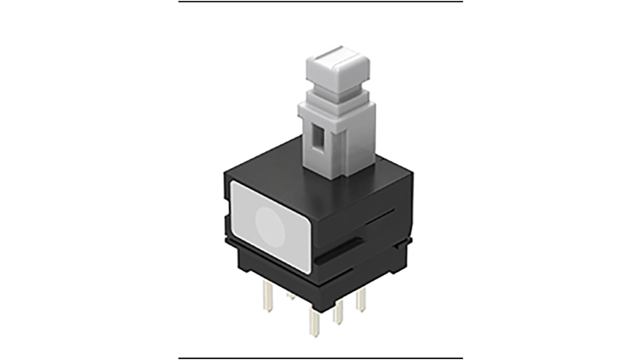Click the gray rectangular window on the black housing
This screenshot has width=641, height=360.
click(269, 226)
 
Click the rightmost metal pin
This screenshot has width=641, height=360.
click(360, 300)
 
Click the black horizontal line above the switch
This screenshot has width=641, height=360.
click(320, 2)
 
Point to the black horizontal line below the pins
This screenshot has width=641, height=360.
click(320, 358)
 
